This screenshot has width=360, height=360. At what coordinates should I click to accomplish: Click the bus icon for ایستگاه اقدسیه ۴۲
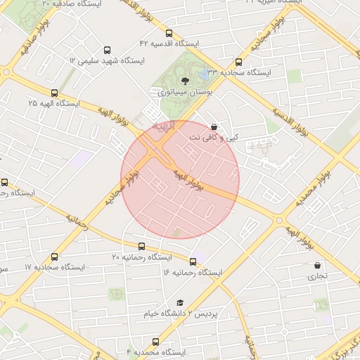pos(168,33)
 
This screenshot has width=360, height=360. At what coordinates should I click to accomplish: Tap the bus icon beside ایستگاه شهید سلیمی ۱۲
pos(107,50)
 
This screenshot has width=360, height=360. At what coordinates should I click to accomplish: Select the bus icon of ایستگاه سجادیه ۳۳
pos(239,62)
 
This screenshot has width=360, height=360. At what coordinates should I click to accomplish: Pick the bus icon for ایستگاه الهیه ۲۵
pos(54,93)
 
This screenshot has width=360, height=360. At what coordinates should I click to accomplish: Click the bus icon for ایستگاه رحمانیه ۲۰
pos(142,247)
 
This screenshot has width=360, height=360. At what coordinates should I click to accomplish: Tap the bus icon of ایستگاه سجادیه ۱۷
pos(55,257)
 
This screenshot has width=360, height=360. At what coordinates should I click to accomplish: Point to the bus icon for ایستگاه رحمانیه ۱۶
pos(193,262)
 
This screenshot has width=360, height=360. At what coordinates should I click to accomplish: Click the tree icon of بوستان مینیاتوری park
pos(185,81)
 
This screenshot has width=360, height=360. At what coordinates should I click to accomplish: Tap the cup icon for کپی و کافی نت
pos(214,127)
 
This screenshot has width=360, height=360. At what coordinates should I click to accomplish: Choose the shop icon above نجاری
pos(317,266)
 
